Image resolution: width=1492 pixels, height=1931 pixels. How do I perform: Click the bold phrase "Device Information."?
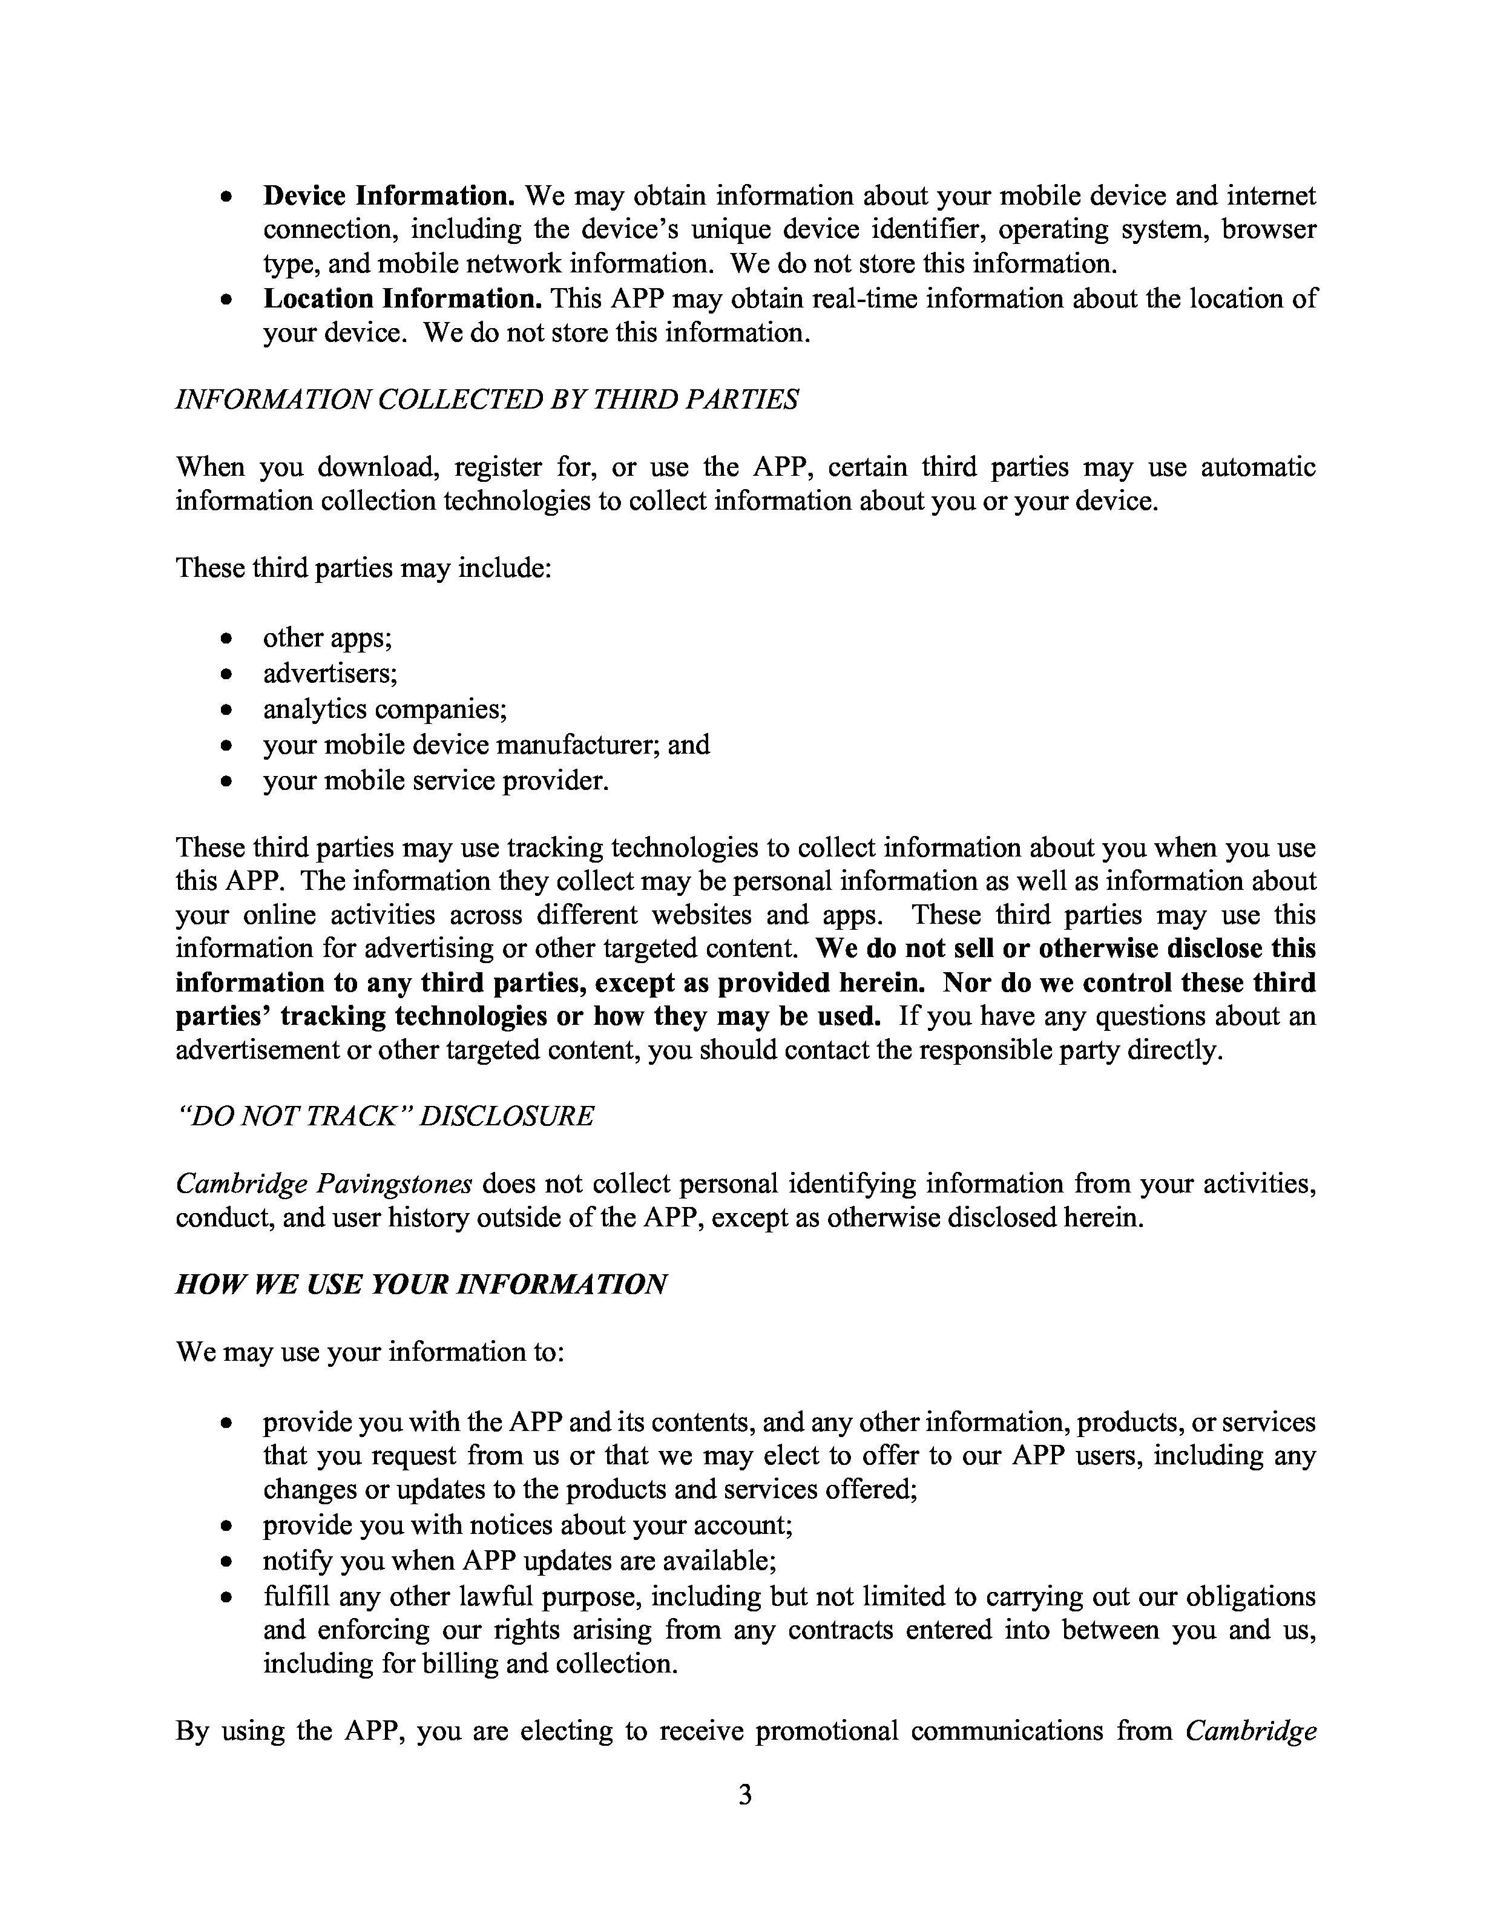[389, 196]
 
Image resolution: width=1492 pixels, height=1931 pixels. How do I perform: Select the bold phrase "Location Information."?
[402, 299]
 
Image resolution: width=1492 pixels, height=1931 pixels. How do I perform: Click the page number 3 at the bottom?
[745, 1795]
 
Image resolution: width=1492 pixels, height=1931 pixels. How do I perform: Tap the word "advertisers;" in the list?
[330, 674]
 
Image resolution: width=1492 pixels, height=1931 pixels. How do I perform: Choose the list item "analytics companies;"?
[384, 709]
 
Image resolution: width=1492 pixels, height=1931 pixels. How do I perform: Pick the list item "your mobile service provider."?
[436, 781]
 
